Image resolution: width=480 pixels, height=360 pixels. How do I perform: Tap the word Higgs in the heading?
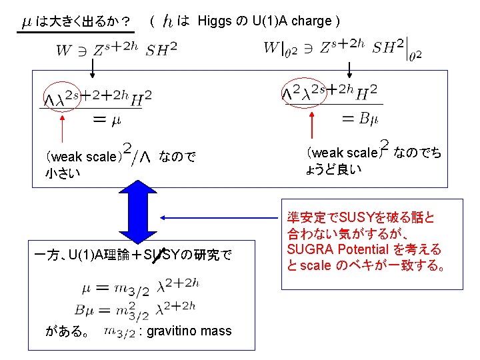(215, 21)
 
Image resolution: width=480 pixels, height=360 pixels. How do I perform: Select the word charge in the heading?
(308, 21)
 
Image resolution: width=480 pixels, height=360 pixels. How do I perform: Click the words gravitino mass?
(190, 331)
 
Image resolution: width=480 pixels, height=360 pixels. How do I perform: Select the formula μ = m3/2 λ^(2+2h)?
(138, 287)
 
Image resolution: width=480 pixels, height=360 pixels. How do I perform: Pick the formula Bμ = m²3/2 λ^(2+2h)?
(138, 307)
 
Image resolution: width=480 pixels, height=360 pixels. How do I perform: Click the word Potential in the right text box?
(385, 250)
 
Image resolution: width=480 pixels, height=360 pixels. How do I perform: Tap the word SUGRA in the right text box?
(311, 250)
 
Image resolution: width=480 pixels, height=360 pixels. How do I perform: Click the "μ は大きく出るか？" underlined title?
(76, 21)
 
